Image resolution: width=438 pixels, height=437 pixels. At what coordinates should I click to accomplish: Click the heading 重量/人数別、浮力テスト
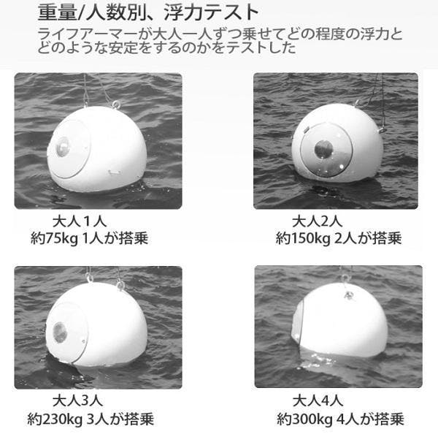tap(148, 12)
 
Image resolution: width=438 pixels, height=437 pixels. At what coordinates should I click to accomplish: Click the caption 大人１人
tap(80, 221)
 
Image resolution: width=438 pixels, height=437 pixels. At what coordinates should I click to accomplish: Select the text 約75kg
tap(54, 239)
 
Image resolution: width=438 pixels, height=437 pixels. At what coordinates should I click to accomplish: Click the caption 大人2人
tap(318, 221)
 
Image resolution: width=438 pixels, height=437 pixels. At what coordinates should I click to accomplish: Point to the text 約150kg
tap(303, 239)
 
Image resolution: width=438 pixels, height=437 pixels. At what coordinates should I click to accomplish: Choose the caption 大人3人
tap(77, 400)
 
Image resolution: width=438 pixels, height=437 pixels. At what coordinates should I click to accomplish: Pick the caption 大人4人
tap(318, 400)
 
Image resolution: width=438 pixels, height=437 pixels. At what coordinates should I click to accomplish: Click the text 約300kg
tap(304, 419)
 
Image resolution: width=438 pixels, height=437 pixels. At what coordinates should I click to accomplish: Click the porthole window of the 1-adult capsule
tap(62, 146)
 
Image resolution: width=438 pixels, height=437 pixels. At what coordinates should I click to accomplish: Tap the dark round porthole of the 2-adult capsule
tap(324, 149)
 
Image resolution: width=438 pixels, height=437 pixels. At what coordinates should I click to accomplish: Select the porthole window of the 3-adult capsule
tap(60, 332)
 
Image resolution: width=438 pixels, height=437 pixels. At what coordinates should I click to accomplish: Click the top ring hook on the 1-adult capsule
tap(116, 104)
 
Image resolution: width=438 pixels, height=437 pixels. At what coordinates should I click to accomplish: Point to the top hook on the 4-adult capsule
tap(345, 278)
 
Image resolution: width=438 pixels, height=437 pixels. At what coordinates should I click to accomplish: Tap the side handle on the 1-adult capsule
tap(115, 172)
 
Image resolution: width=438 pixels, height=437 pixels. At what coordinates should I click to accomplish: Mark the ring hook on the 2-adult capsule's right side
tap(382, 130)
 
